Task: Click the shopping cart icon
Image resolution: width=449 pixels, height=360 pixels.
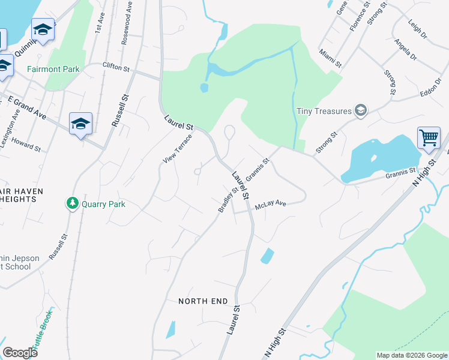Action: [429, 138]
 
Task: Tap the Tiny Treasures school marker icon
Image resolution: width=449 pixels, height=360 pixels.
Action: [360, 110]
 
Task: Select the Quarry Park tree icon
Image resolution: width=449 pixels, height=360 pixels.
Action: [73, 204]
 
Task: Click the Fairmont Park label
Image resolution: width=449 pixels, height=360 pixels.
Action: [53, 69]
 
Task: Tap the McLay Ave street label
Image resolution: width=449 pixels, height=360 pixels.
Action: [270, 205]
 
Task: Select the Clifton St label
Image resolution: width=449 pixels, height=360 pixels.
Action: [116, 68]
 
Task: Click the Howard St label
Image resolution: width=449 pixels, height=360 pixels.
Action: [26, 145]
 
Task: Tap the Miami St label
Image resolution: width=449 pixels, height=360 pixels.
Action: [330, 59]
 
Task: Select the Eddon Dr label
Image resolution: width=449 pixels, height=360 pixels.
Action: [430, 90]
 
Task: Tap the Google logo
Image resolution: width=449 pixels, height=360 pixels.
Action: [20, 353]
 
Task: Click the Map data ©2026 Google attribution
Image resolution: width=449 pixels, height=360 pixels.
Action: [411, 355]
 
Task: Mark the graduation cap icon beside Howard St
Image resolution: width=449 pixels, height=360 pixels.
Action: [80, 124]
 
